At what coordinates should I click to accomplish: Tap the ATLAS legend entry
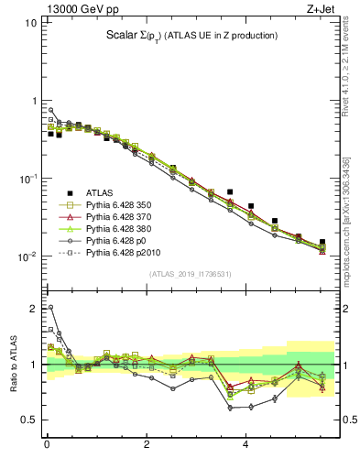(x=100, y=193)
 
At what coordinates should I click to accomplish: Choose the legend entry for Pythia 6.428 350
(x=119, y=207)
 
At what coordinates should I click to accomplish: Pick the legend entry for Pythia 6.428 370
(x=119, y=221)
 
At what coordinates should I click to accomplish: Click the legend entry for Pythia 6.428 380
(x=119, y=234)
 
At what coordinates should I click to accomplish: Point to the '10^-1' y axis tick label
(x=26, y=178)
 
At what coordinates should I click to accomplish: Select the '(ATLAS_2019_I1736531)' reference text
(x=190, y=274)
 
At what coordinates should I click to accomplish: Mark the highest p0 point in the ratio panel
(x=50, y=307)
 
